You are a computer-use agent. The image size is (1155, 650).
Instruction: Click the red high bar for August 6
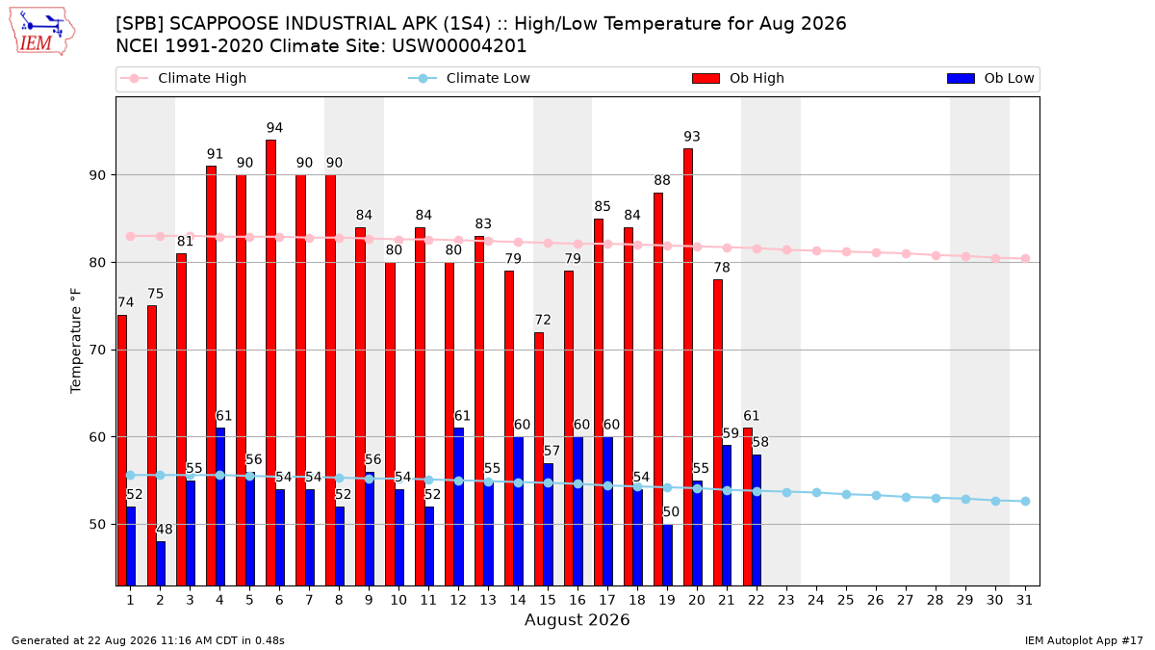(270, 363)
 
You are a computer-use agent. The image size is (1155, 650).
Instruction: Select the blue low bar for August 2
(161, 563)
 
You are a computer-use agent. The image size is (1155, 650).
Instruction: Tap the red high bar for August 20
(688, 367)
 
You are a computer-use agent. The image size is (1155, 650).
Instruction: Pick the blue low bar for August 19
(667, 555)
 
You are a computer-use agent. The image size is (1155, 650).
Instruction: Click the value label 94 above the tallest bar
(275, 127)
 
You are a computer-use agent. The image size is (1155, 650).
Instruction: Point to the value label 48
(165, 530)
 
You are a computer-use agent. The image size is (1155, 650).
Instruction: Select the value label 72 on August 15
(543, 320)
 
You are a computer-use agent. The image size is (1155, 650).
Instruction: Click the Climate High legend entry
(184, 78)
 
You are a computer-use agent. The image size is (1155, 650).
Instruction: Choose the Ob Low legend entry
(990, 78)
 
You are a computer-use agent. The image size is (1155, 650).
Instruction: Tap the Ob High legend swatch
(706, 78)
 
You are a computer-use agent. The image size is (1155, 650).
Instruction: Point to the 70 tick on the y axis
(97, 350)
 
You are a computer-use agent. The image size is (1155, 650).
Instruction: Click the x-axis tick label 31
(1024, 600)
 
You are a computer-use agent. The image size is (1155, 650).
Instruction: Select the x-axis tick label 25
(846, 600)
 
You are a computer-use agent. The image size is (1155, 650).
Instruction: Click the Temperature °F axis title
(76, 341)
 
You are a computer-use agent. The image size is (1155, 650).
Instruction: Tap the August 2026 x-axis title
(577, 619)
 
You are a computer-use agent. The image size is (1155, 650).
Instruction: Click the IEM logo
(41, 32)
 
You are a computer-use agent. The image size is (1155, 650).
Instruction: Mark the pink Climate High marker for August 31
(1025, 258)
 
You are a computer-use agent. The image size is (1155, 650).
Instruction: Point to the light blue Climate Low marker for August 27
(906, 497)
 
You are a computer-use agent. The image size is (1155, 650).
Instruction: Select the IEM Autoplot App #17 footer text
(1084, 640)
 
